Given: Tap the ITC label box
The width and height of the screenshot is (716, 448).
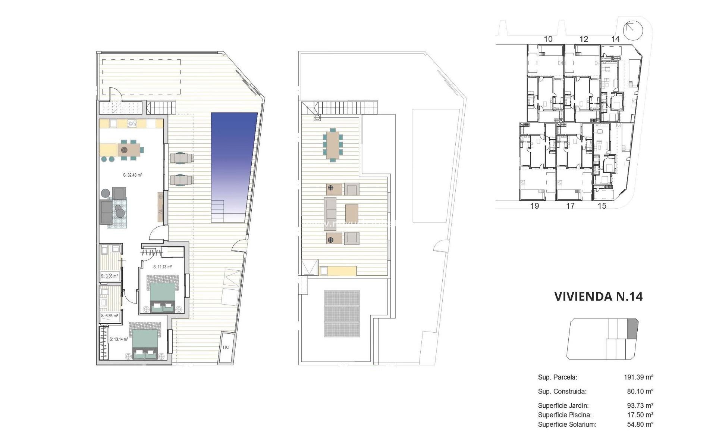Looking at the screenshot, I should pos(226,348).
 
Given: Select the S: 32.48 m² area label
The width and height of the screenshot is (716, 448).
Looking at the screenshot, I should pos(132,175).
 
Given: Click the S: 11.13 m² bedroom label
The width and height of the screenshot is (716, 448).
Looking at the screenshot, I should pos(162,267).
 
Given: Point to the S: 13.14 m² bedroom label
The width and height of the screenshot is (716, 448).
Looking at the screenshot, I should pos(119,339).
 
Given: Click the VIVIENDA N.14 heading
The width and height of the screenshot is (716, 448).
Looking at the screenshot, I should pos(598,296).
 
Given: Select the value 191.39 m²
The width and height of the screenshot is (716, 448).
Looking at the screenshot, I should pos(638,377).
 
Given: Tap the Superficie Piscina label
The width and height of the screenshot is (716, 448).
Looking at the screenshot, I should pos(565,415).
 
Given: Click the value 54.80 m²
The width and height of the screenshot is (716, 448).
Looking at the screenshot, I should pos(640,424).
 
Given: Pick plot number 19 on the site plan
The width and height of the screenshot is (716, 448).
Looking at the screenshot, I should pos(534,206).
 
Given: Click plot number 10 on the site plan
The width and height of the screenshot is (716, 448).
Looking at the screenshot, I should pos(548,39).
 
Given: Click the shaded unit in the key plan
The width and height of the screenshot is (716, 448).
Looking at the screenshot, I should pos(633,329).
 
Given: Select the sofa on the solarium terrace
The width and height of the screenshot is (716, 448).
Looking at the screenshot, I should pos(330,214).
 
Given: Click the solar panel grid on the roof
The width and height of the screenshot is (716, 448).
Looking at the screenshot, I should pos(342,314).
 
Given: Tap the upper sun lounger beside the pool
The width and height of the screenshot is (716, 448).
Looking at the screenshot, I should pos(182,158).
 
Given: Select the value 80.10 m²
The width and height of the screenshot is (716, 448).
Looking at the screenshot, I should pos(640,391).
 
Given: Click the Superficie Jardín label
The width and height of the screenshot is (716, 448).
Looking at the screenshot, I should pos(563,405).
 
